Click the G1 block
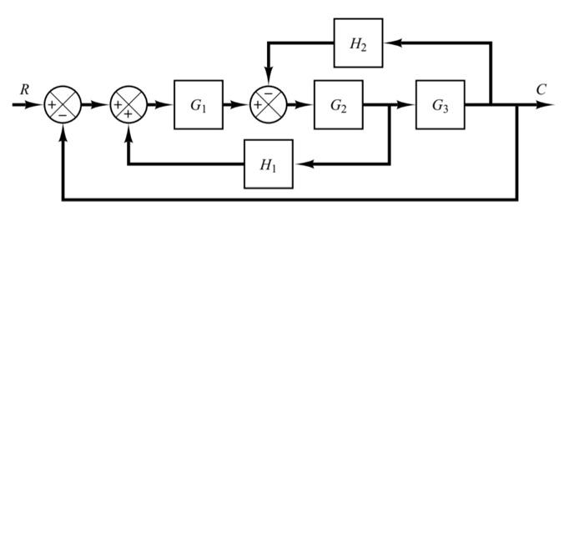click(198, 105)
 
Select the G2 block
click(338, 105)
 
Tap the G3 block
click(440, 105)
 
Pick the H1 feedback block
click(268, 164)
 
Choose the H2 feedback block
click(358, 43)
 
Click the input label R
click(24, 88)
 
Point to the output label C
click(541, 89)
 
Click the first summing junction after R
click(63, 105)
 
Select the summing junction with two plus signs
click(128, 105)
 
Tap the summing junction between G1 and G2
click(268, 105)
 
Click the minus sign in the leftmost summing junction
click(63, 115)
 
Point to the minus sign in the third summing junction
click(269, 94)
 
